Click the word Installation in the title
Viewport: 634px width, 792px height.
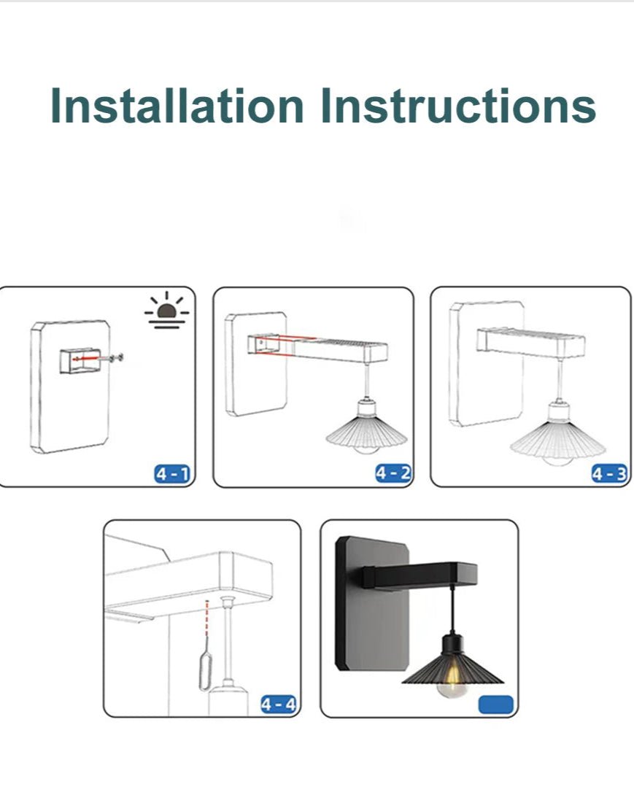[x=177, y=106]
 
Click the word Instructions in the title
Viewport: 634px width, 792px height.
[x=458, y=106]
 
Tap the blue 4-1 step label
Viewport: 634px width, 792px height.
[x=172, y=474]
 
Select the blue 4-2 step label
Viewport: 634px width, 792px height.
[x=393, y=473]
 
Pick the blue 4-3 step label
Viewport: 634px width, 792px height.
[x=608, y=474]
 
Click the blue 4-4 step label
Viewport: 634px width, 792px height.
[x=278, y=704]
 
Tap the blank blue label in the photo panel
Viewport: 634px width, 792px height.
[x=496, y=704]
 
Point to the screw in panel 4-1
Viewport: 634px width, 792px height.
[x=115, y=357]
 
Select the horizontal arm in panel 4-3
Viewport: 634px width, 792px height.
[x=531, y=341]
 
